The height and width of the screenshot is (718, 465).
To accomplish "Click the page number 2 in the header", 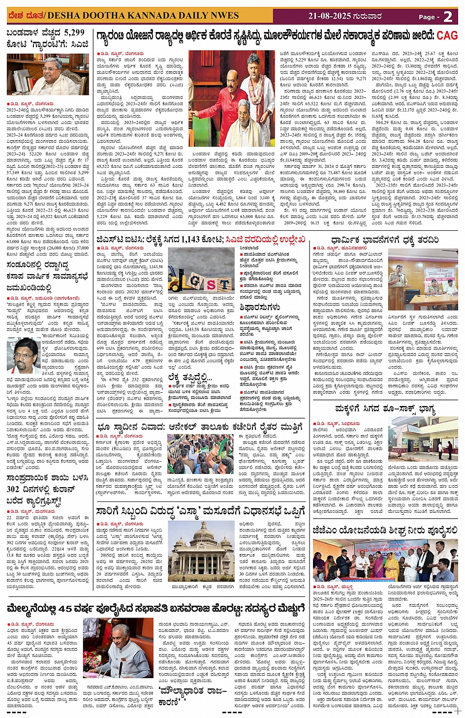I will pos(448,16).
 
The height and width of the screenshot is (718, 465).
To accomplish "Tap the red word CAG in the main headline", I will pos(447,35).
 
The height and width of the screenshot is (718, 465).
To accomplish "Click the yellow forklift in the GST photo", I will pos(177,282).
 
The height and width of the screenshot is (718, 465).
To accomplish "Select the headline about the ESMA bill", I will pos(201,511).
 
